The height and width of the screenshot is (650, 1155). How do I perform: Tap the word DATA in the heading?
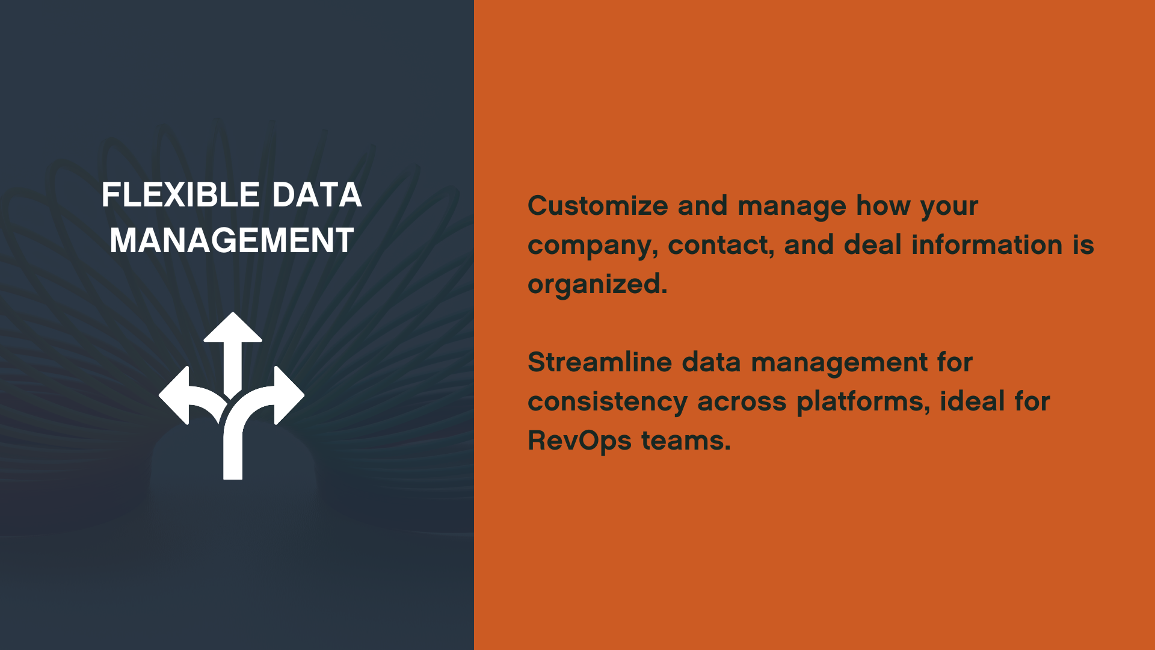point(316,195)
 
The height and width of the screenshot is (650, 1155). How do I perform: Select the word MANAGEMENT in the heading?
point(232,241)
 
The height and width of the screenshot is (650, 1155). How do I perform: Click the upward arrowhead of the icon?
point(233,329)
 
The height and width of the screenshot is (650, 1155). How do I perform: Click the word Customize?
point(597,206)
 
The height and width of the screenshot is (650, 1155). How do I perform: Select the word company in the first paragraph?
point(592,246)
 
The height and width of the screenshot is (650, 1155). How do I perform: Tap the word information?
point(987,245)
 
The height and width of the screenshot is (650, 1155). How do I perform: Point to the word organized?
point(597,284)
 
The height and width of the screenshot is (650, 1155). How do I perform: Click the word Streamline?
point(599,362)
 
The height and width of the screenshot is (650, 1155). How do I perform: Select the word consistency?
point(607,402)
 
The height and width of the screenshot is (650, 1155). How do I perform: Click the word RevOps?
point(579,441)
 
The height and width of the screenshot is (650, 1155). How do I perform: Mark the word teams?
point(685,441)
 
